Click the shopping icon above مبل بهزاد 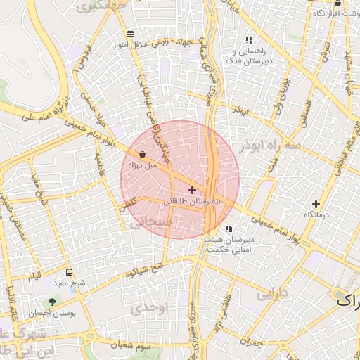143,154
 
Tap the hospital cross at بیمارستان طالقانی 192,190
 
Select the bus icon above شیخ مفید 69,272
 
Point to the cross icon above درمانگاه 316,203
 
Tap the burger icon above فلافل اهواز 130,33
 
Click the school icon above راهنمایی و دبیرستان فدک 248,40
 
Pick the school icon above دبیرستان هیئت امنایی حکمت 229,229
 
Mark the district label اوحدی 167,307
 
